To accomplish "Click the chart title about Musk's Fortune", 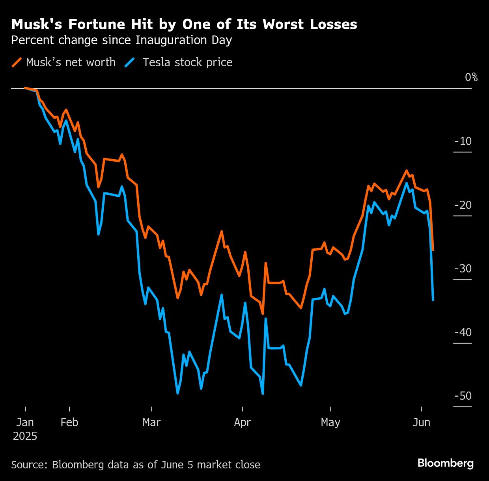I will click(x=184, y=24).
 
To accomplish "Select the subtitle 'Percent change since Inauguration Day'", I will click(x=121, y=40).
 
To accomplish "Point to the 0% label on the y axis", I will click(x=471, y=77).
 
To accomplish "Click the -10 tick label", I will click(x=463, y=141).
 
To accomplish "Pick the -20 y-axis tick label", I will click(x=463, y=205).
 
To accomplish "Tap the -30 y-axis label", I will click(x=463, y=268).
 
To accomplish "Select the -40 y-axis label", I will click(x=463, y=332).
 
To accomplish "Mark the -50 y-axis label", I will click(x=463, y=396).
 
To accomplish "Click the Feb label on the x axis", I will click(x=69, y=423).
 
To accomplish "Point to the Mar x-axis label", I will click(x=151, y=423).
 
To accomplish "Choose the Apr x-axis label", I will click(x=242, y=423).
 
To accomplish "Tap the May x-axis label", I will click(x=330, y=423).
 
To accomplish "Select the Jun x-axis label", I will click(x=421, y=423).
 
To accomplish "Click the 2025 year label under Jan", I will click(x=25, y=436).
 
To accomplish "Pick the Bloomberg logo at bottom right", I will click(x=445, y=463).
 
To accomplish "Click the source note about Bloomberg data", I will click(x=136, y=465).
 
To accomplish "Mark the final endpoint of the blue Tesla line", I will click(x=433, y=300).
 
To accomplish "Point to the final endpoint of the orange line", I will click(x=433, y=250).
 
